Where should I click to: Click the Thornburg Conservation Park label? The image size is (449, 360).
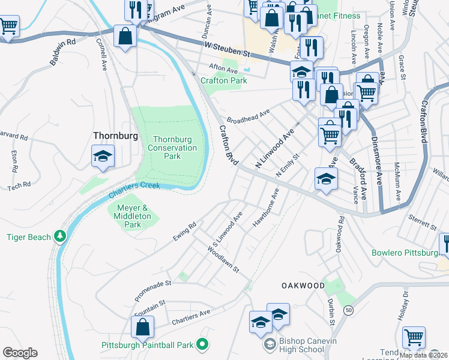click(172, 148)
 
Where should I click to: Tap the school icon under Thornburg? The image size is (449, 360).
click(103, 157)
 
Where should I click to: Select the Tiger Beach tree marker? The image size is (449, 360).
click(59, 237)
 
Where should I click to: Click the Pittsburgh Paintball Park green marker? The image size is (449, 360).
click(202, 345)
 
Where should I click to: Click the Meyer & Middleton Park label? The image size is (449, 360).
click(133, 215)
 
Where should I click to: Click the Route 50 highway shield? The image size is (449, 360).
click(348, 310)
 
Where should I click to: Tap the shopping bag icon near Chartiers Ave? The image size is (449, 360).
click(142, 328)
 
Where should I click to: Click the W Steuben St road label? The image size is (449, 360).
click(226, 50)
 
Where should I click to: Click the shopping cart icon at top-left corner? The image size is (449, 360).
click(8, 26)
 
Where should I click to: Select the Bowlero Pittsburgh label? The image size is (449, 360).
click(406, 253)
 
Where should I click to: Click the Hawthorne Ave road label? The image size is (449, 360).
click(266, 208)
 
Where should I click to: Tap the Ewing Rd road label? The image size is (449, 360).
click(185, 230)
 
